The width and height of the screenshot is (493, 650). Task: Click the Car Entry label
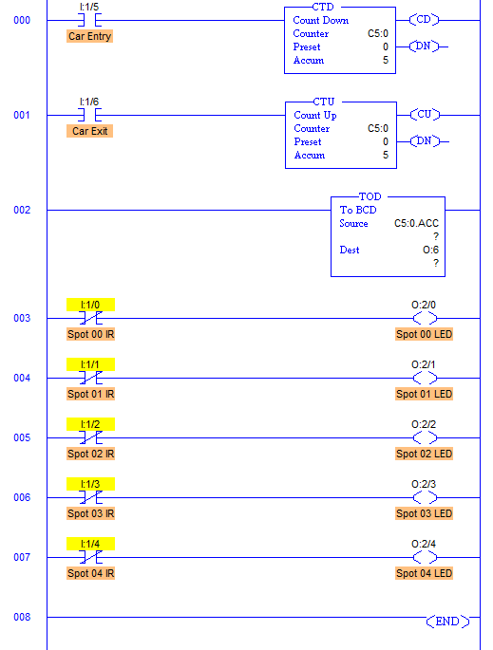pos(89,36)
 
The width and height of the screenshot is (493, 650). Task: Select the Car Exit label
pos(89,131)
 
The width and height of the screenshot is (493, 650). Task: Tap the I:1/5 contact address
pos(89,7)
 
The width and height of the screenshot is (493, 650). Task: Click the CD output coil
pos(424,20)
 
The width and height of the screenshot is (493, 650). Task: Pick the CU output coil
pos(425,115)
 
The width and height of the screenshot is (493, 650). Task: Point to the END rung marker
pos(447,621)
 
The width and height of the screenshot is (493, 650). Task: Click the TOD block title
pos(370,196)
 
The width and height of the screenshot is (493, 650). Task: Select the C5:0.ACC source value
pos(416,223)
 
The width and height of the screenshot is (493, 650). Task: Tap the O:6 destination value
pos(430,250)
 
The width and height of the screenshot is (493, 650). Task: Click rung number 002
pos(22,210)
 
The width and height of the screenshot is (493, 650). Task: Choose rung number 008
pos(22,617)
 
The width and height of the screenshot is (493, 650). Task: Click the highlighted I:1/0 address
pos(90,305)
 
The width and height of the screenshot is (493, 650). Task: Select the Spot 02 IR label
pos(90,454)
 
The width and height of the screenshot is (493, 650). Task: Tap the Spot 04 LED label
pos(424,573)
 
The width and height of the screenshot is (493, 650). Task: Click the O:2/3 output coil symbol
pos(425,497)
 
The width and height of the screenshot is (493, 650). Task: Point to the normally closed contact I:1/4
pos(90,557)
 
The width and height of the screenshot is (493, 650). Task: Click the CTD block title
pos(323,7)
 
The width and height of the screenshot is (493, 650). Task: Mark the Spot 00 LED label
pos(424,334)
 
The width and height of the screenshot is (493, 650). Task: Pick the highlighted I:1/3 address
pos(90,484)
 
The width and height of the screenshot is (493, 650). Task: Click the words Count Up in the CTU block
pos(315,115)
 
